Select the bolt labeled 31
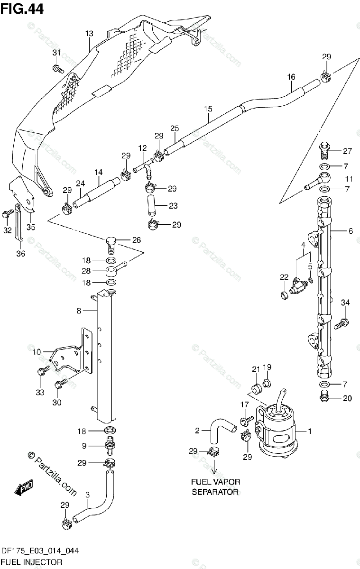coord(58,69)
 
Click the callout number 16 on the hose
coord(291,77)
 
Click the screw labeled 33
coord(42,372)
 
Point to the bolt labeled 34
coord(342,324)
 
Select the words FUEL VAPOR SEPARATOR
coord(215,487)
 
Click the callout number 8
coord(79,311)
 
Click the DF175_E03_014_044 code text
coord(39,551)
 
